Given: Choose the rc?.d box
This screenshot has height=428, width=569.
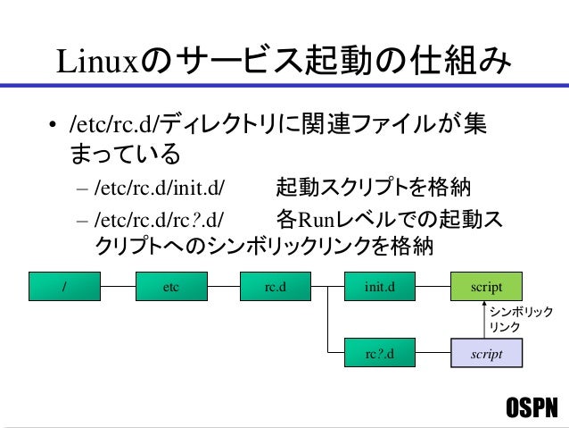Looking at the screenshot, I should (380, 355).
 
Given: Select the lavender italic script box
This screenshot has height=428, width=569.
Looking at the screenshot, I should (486, 355).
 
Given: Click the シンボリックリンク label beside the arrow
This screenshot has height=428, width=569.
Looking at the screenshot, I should (521, 320).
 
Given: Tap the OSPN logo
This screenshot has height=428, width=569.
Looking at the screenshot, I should (531, 408).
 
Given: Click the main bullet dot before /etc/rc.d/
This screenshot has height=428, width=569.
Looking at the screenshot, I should (54, 125).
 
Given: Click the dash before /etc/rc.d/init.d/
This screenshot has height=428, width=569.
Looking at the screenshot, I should (82, 189).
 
